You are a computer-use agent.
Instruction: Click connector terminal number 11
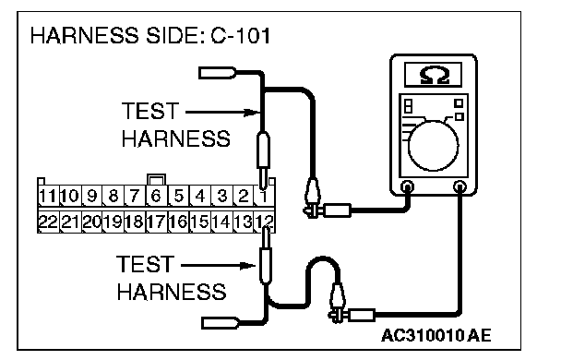(48, 196)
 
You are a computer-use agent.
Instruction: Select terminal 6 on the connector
(156, 196)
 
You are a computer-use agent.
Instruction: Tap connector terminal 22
(48, 222)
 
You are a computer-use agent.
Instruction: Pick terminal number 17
(156, 222)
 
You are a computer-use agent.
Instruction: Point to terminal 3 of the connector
(221, 196)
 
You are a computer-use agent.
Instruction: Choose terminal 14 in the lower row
(221, 222)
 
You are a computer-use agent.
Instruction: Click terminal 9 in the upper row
(91, 196)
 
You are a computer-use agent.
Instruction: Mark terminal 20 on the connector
(91, 222)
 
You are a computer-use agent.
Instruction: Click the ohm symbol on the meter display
(434, 75)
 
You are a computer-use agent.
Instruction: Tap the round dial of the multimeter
(433, 146)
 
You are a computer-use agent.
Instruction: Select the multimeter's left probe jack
(407, 186)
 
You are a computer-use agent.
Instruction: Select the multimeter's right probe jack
(460, 186)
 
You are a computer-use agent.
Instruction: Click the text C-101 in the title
(241, 36)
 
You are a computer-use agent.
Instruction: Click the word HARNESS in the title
(85, 36)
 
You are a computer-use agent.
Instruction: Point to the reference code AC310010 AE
(436, 336)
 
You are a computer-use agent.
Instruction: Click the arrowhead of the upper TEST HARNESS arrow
(252, 113)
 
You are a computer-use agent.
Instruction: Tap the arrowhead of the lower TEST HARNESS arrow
(247, 266)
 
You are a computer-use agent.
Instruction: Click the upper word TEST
(150, 111)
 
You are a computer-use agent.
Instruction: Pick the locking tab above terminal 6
(156, 179)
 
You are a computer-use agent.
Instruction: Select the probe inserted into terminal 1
(263, 161)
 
